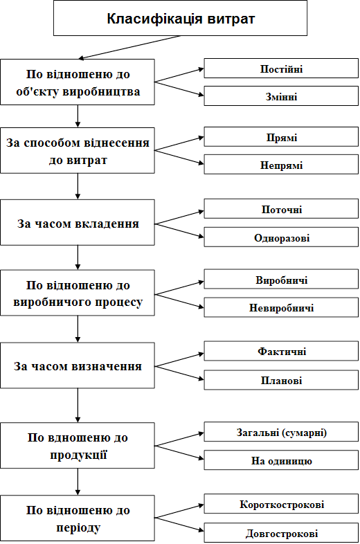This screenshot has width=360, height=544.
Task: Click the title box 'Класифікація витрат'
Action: pos(180,18)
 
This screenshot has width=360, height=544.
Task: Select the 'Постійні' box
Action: pos(281,69)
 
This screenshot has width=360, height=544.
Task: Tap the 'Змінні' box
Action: pos(281,96)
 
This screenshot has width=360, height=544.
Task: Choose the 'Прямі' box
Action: pos(281,137)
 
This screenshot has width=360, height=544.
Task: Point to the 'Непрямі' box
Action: pos(281,165)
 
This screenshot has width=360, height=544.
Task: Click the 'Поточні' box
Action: pos(281,209)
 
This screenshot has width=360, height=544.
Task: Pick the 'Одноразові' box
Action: pos(281,237)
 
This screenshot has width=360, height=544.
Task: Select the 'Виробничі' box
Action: pos(281,280)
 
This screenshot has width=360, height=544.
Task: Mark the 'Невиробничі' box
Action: pos(281,307)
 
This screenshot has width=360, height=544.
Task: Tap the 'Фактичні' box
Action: pos(281,351)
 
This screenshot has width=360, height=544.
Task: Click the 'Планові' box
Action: pos(281,380)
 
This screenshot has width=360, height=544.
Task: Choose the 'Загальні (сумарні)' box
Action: pos(281,432)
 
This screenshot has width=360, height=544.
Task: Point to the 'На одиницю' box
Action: pos(281,460)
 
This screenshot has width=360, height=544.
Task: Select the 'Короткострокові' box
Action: pos(281,504)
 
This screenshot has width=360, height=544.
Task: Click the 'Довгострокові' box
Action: pos(281,532)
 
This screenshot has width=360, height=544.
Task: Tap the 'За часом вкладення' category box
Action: pos(78,222)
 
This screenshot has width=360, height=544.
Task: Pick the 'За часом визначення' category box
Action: pos(78,365)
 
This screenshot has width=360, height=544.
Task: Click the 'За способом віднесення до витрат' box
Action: pos(78,151)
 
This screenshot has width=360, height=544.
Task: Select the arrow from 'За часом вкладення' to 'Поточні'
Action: pos(179,217)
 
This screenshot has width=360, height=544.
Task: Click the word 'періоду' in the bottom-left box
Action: pos(78,527)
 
